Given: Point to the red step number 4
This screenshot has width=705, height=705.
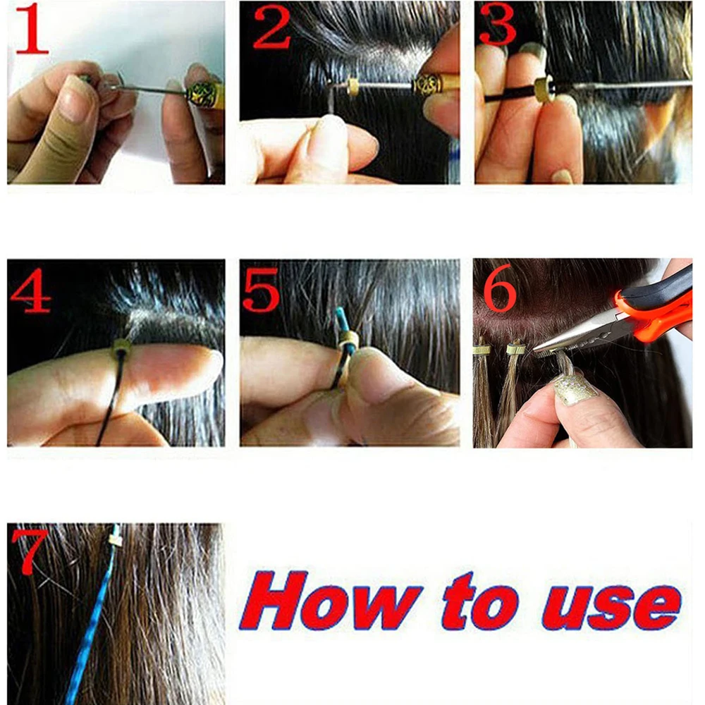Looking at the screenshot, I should click(x=30, y=289).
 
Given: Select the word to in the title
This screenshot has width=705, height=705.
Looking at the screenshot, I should click(x=479, y=603).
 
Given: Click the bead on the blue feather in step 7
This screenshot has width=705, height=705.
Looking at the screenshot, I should click(x=115, y=540).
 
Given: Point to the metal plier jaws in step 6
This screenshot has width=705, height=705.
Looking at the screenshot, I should click(x=571, y=338).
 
